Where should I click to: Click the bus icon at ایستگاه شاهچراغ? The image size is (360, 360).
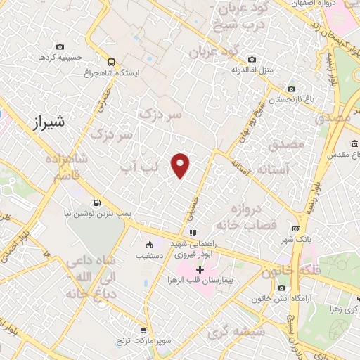click(110, 61)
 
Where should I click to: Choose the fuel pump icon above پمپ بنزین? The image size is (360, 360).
click(96, 201)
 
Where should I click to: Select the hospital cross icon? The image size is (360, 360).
click(200, 269)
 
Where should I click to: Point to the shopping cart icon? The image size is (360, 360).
click(143, 330)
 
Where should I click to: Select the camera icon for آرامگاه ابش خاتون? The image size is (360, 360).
click(281, 288)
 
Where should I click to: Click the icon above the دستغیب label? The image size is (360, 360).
click(149, 245)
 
